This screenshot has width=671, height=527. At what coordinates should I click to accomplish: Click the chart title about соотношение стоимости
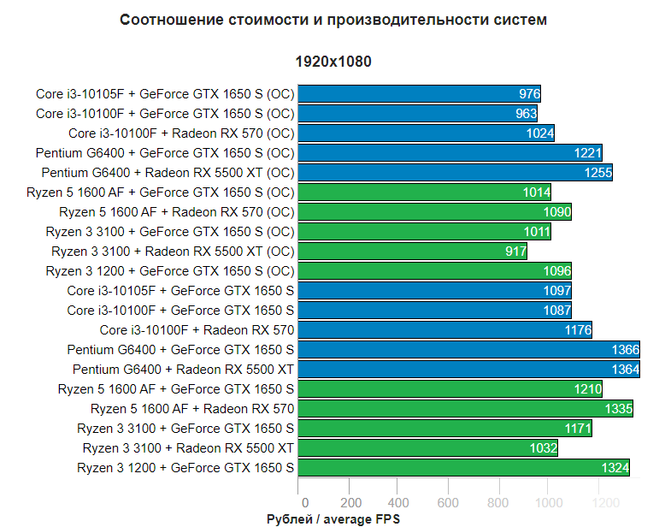pyautogui.click(x=333, y=19)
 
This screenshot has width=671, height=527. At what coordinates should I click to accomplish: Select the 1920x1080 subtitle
pyautogui.click(x=333, y=62)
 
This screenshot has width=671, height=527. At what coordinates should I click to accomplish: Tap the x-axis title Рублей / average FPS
pyautogui.click(x=333, y=518)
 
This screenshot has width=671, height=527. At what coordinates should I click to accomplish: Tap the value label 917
pyautogui.click(x=515, y=252)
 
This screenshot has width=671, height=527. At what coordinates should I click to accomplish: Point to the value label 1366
pyautogui.click(x=625, y=350)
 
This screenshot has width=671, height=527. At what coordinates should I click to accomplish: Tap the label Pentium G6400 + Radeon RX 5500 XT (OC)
pyautogui.click(x=168, y=173)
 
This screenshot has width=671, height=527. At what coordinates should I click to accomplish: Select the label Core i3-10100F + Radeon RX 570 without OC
pyautogui.click(x=197, y=330)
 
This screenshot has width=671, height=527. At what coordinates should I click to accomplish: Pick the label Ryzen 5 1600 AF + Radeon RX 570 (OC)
pyautogui.click(x=177, y=212)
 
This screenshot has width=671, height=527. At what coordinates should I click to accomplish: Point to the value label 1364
pyautogui.click(x=625, y=370)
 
